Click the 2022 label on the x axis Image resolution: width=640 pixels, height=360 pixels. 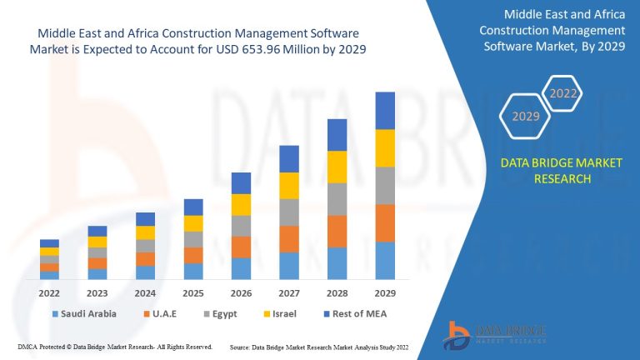(x=49, y=293)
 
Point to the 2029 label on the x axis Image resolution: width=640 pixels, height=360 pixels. (x=384, y=293)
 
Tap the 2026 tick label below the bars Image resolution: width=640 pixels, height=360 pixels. (x=241, y=293)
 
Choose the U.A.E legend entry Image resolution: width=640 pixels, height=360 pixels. (x=166, y=314)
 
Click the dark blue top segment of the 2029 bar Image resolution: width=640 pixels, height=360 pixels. (x=384, y=110)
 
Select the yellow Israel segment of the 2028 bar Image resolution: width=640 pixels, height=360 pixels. (x=337, y=167)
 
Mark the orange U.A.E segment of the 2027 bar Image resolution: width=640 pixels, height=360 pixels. (x=288, y=238)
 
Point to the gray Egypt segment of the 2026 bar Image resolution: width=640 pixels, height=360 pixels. (x=241, y=226)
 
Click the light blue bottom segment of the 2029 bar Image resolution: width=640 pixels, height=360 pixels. (x=384, y=260)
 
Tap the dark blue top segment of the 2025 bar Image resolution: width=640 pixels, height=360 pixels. (x=193, y=207)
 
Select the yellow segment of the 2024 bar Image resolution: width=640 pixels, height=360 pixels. (x=146, y=232)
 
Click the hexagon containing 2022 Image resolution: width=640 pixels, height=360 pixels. (x=562, y=93)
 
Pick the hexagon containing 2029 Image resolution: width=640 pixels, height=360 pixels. (x=526, y=116)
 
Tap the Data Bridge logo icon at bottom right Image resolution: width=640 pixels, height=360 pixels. (x=458, y=332)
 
